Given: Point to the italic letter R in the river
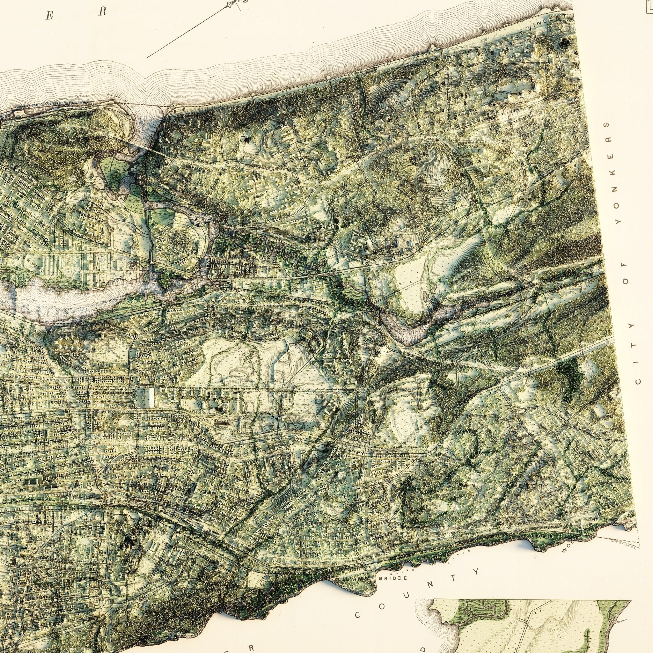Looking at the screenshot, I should pos(102,11).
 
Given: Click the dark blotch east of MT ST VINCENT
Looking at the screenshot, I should pos(563,43).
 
